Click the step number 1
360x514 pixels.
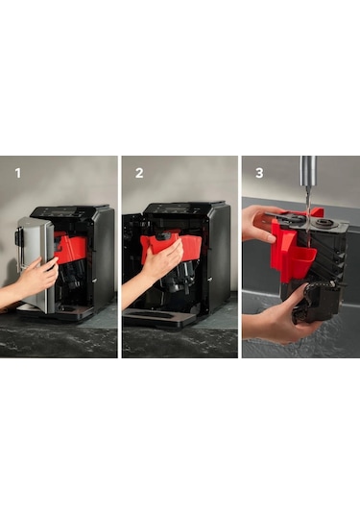coord(18,173)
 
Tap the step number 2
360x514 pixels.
coord(139,173)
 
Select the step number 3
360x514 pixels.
coord(259,173)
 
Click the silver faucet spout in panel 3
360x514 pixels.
coord(308,169)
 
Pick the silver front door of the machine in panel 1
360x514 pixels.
coord(35,262)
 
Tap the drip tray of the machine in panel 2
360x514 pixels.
coord(154,317)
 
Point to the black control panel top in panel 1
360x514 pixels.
coord(70,211)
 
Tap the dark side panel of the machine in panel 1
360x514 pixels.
coord(103,256)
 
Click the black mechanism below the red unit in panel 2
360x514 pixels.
coord(177,279)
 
